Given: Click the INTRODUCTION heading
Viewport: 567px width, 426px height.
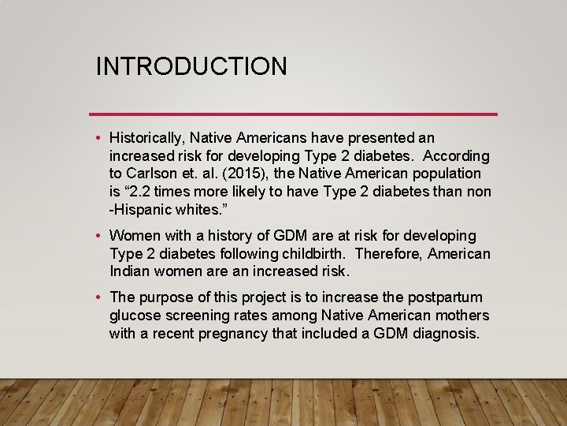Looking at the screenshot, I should click(x=191, y=66).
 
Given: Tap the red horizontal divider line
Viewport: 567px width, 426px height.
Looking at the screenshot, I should click(x=293, y=114).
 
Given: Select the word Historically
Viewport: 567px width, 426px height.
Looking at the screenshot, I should click(x=146, y=138).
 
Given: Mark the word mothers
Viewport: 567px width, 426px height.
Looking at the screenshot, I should click(x=461, y=316).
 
